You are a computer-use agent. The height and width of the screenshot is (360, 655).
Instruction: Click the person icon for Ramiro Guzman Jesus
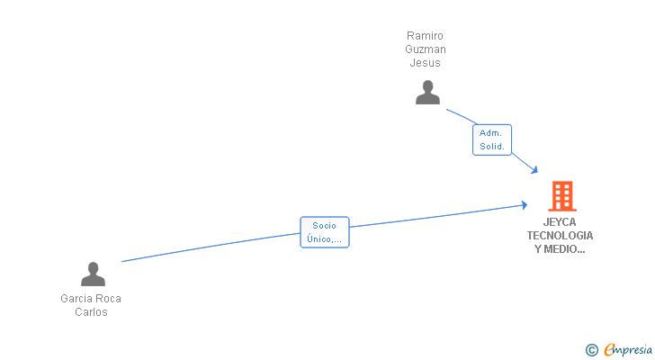(427, 92)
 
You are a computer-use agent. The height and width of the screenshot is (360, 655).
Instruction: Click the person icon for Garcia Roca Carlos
(93, 274)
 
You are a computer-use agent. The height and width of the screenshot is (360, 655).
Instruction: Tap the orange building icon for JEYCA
(561, 195)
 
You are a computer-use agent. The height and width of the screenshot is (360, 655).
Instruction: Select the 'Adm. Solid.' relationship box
(492, 139)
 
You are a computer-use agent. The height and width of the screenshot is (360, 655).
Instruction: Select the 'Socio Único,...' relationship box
(324, 232)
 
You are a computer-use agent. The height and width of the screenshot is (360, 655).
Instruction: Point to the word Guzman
(426, 49)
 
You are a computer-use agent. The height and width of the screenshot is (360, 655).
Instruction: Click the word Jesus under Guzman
(426, 63)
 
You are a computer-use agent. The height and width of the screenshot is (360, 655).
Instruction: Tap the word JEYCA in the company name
(560, 221)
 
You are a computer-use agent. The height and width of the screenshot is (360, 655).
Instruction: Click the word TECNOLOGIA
(560, 236)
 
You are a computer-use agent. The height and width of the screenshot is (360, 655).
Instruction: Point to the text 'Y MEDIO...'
(560, 250)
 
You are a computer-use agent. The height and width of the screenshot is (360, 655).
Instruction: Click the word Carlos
(91, 312)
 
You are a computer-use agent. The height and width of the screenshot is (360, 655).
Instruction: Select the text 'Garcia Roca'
(91, 298)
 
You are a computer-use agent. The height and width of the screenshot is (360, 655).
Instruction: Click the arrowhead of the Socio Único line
(524, 205)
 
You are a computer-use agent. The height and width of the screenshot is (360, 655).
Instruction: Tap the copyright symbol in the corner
(591, 350)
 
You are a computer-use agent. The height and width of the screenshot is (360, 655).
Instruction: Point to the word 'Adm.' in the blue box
(490, 133)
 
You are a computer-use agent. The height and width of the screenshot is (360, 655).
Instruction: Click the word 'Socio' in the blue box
(324, 226)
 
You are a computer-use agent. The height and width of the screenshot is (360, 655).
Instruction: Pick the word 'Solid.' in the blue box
(492, 146)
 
